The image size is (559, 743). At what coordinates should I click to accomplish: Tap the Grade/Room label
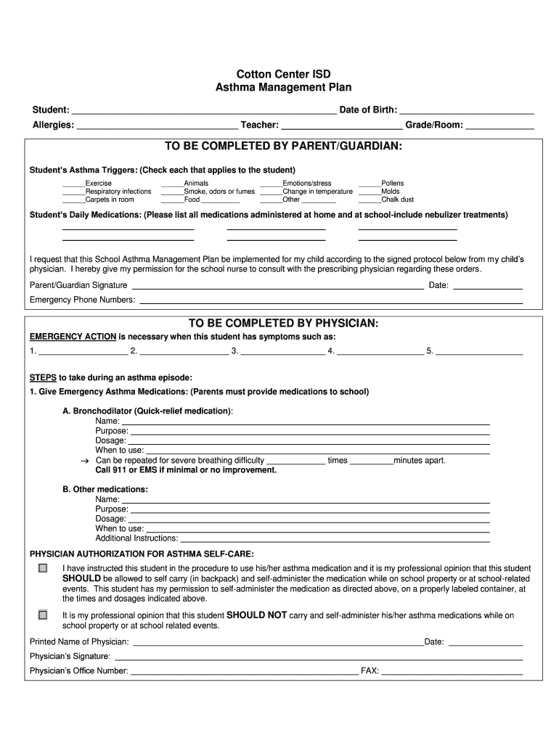[433, 125]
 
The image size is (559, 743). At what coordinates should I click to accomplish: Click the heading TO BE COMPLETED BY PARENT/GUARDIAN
[283, 147]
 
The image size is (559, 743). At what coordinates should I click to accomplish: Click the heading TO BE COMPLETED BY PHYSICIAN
[283, 323]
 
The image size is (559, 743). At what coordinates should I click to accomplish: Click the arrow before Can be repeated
[84, 461]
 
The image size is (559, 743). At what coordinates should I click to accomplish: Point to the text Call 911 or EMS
[186, 470]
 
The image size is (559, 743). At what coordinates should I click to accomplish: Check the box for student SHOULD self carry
[43, 568]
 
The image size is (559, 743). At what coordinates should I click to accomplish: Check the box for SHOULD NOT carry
[43, 615]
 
